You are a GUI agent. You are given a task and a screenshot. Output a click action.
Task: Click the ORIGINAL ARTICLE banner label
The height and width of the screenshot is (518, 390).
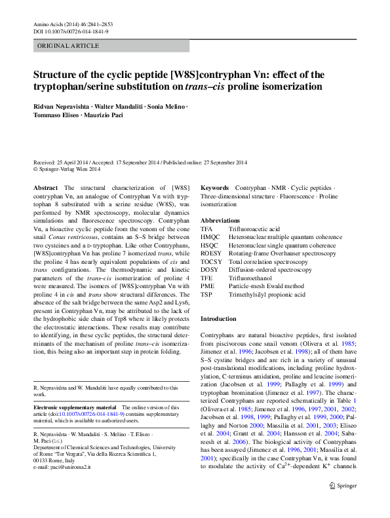(x=68, y=45)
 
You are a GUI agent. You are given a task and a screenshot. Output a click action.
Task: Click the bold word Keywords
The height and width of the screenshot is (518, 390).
(x=214, y=187)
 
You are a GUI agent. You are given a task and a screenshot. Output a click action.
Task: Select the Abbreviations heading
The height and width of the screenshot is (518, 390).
(x=220, y=220)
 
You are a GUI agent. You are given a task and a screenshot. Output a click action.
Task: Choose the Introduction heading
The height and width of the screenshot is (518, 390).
(x=218, y=318)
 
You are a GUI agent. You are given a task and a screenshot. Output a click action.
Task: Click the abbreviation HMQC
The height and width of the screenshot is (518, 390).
(x=212, y=237)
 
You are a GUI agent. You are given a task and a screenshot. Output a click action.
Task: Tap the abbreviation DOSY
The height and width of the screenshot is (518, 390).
(x=210, y=270)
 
